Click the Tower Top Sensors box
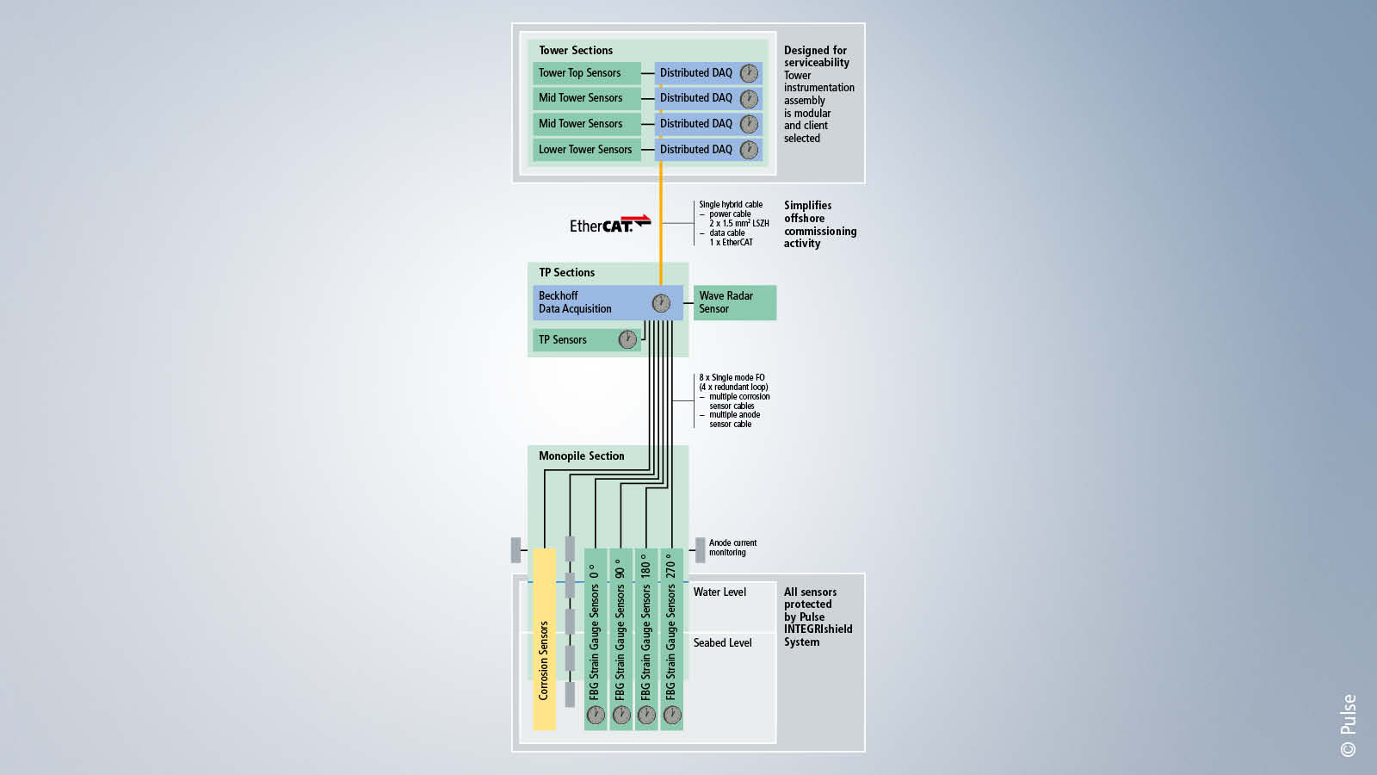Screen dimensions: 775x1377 coord(586,73)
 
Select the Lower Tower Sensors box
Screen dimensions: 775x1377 coord(586,150)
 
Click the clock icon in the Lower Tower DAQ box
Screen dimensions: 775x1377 coord(750,150)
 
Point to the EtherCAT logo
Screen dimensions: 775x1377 coord(609,225)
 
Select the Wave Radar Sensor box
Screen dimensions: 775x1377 coord(734,303)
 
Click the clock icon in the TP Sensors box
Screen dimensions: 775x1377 coord(627,340)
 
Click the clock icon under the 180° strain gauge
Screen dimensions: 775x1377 coord(646,715)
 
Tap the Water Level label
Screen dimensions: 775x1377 coord(719,592)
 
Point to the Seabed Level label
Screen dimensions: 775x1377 coord(722,643)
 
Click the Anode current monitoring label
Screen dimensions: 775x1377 coord(732,548)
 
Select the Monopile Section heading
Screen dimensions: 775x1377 coord(581,456)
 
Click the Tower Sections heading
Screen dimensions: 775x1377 coord(575,51)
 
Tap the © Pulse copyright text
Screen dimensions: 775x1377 coord(1348,725)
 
